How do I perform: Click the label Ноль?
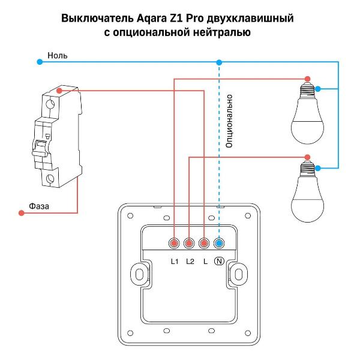58,55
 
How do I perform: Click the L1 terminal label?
175,261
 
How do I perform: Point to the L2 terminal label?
190,261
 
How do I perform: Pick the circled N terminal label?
220,261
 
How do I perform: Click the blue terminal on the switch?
219,244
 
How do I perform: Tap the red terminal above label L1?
175,244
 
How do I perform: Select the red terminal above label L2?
190,244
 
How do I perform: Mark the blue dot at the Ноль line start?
40,61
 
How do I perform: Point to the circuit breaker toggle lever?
43,148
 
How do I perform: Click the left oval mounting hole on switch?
140,274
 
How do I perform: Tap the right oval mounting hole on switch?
239,274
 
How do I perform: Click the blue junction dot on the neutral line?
219,62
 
